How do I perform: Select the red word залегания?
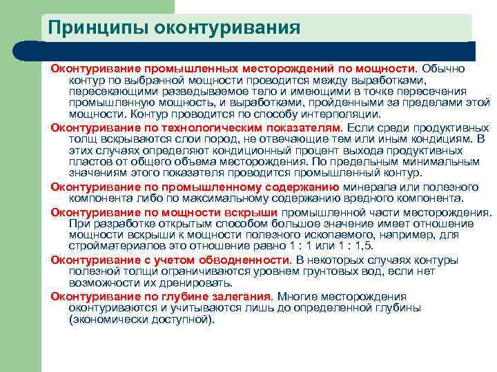[x=239, y=296]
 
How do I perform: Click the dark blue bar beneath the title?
[x=262, y=51]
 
